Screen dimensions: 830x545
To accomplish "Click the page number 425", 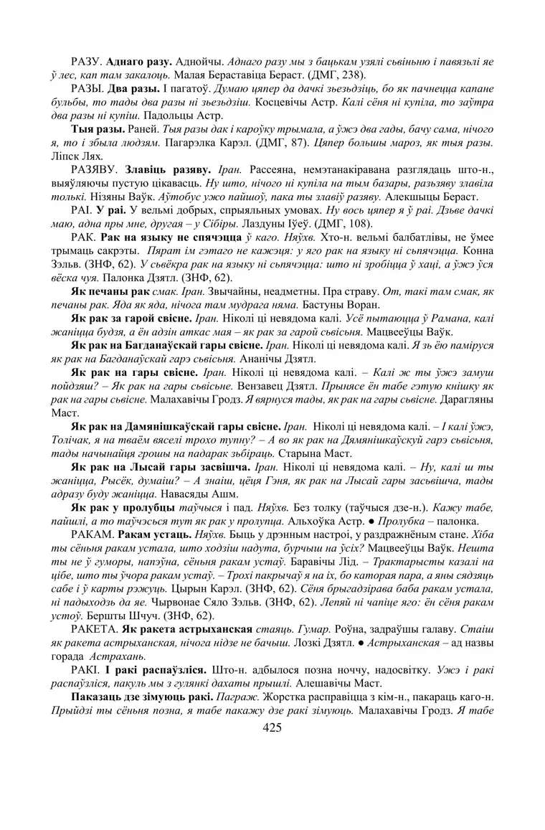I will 272,728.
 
